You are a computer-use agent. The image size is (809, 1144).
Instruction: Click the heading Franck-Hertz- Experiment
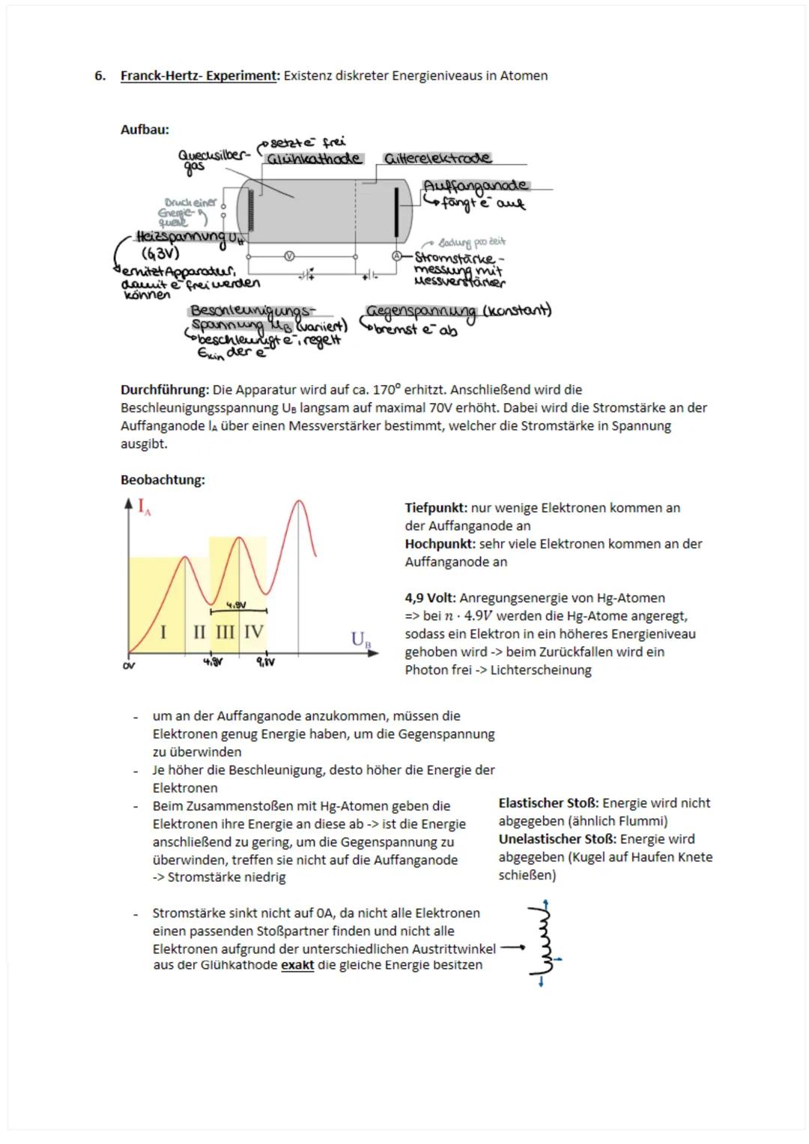point(199,76)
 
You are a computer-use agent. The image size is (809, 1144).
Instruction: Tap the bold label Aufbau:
point(145,130)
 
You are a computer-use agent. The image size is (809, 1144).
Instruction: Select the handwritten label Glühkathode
point(314,159)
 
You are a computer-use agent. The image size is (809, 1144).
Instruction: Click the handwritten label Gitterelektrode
point(437,158)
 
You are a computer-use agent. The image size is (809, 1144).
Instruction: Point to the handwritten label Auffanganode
point(475,185)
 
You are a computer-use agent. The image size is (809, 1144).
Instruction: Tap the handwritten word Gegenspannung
point(420,312)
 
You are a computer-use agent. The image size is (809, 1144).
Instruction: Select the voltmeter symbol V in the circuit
point(289,255)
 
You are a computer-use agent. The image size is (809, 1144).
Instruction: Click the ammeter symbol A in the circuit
point(397,255)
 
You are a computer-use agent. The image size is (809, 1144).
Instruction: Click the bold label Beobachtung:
point(163,479)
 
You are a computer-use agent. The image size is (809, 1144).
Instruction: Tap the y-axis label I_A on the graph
point(144,507)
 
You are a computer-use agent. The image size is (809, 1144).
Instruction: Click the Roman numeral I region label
point(163,632)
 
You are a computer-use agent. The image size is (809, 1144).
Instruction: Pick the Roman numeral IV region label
point(253,632)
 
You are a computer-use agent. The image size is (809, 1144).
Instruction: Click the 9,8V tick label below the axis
point(265,662)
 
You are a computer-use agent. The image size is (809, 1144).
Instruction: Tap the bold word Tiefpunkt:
point(436,508)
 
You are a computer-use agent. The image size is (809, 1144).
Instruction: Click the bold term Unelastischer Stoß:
point(557,839)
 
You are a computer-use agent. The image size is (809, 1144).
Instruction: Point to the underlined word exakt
point(297,965)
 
